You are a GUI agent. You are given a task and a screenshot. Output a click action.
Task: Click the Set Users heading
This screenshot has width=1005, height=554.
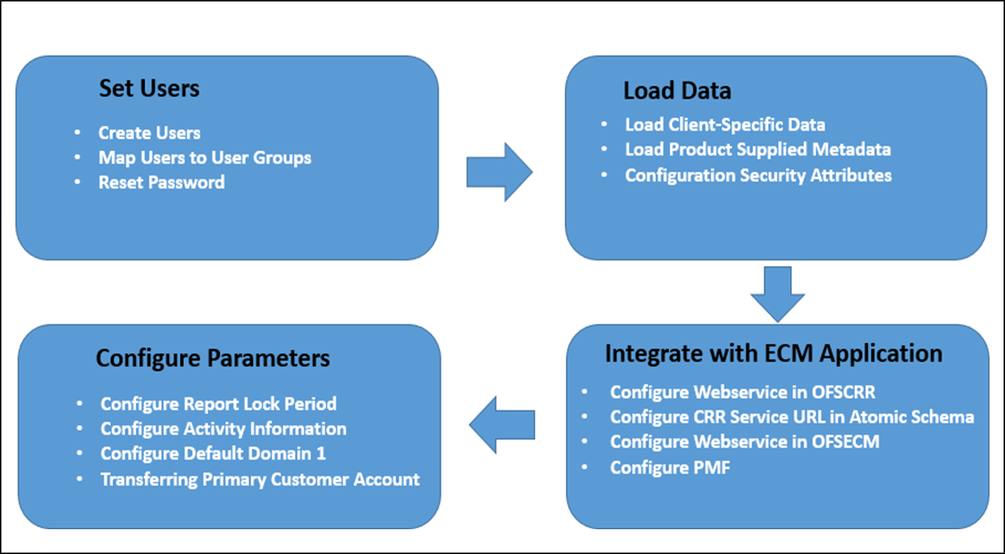(x=149, y=89)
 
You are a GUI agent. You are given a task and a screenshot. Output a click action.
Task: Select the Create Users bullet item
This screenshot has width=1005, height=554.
(x=149, y=133)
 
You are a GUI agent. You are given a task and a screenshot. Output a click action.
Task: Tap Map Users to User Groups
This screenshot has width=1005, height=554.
(x=205, y=158)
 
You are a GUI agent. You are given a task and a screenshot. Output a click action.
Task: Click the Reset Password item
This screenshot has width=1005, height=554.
(x=161, y=182)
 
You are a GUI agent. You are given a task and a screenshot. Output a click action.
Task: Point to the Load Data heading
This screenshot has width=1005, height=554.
(x=677, y=91)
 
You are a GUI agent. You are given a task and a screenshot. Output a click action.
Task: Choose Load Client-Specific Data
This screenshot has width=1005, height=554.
(x=725, y=125)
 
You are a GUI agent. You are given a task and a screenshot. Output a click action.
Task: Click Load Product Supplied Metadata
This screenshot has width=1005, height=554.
(x=757, y=150)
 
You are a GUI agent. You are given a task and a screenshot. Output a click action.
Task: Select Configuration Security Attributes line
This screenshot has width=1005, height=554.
(x=758, y=176)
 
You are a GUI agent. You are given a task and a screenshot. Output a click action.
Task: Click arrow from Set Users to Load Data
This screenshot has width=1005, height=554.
(x=499, y=172)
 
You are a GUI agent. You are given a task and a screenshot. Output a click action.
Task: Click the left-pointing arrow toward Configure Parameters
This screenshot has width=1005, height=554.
(x=502, y=425)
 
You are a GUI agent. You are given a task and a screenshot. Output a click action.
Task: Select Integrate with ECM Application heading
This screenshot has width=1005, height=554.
(x=773, y=354)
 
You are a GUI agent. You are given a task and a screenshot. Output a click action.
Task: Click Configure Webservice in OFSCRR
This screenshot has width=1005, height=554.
(x=743, y=392)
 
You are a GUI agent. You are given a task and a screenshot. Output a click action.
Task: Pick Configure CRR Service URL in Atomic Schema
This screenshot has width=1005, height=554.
(x=792, y=417)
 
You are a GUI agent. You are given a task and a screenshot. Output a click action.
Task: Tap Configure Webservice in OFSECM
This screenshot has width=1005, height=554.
(x=744, y=442)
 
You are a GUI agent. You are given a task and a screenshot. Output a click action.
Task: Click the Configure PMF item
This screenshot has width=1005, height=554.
(x=670, y=467)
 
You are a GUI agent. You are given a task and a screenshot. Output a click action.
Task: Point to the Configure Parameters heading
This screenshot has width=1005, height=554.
(x=213, y=359)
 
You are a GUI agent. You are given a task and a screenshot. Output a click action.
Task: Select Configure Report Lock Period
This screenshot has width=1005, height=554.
(x=218, y=404)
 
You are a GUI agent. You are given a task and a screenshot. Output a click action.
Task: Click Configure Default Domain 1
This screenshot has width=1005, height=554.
(x=213, y=453)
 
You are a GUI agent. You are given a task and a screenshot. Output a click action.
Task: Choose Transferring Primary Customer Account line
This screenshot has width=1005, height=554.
(x=260, y=480)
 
